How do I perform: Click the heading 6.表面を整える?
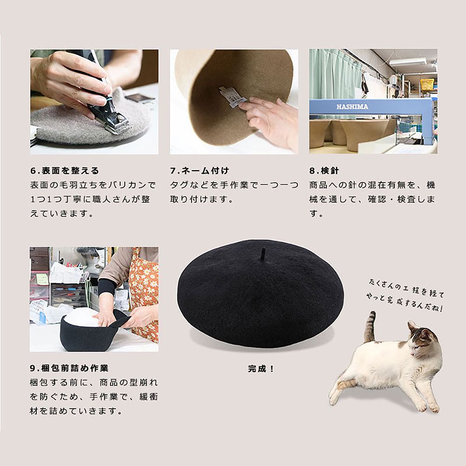65,171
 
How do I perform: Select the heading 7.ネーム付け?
199,171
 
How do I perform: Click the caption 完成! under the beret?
261,368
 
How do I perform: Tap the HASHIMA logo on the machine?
352,107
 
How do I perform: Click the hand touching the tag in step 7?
268,119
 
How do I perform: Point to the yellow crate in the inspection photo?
427,84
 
